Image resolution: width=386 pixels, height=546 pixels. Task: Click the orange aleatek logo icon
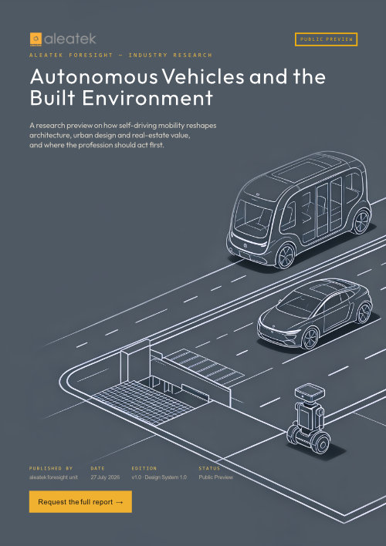[x=36, y=39]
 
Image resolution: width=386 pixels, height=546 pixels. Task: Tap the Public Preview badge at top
[x=326, y=39]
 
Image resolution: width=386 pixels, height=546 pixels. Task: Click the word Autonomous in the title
[x=94, y=77]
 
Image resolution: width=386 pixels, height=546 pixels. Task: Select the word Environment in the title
[x=147, y=98]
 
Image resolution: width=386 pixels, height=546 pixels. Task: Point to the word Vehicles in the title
[x=204, y=77]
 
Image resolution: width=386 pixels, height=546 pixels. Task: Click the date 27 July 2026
[x=105, y=477]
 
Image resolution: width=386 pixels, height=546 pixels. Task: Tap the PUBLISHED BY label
[x=50, y=468]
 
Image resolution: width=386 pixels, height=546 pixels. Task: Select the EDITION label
[x=144, y=468]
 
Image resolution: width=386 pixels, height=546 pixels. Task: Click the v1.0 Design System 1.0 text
[x=159, y=477]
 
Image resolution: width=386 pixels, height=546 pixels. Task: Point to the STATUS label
[x=209, y=468]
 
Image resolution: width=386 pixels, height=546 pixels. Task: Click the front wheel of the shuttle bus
[x=286, y=256]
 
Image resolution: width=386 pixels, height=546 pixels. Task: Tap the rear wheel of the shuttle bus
[x=361, y=222]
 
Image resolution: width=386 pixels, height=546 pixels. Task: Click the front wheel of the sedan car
[x=310, y=339]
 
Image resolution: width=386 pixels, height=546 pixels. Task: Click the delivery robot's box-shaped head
[x=310, y=392]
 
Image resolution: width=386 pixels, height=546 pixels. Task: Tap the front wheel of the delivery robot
[x=321, y=443]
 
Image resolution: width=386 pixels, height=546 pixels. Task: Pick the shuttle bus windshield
[x=253, y=215]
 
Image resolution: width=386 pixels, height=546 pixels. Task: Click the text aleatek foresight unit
[x=53, y=477]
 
